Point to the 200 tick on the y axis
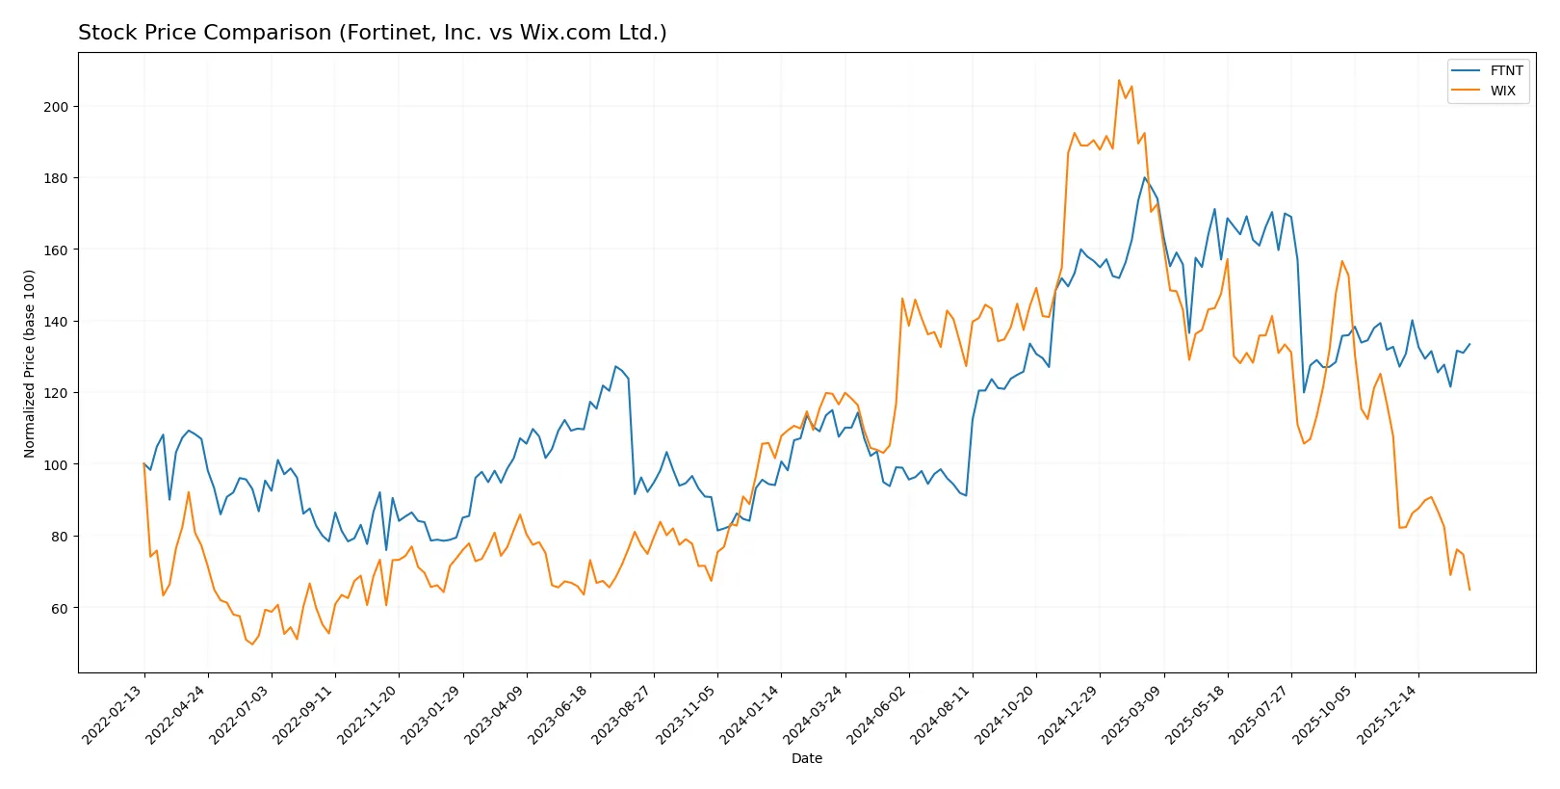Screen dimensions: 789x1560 tap(56, 107)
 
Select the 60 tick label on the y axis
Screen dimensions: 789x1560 tap(60, 608)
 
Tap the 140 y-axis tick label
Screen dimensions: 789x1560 tap(56, 322)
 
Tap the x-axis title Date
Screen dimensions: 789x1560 tap(806, 758)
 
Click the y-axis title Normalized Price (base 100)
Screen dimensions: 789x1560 tap(30, 363)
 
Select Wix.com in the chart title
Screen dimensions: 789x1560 tap(565, 33)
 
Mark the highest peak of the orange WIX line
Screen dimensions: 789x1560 tap(1119, 81)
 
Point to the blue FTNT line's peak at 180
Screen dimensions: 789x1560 tap(1145, 177)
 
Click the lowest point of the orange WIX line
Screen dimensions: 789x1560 tap(252, 644)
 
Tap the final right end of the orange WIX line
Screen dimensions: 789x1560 tap(1469, 590)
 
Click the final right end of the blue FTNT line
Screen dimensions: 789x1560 tap(1469, 344)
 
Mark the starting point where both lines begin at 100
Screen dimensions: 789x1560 tap(144, 464)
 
